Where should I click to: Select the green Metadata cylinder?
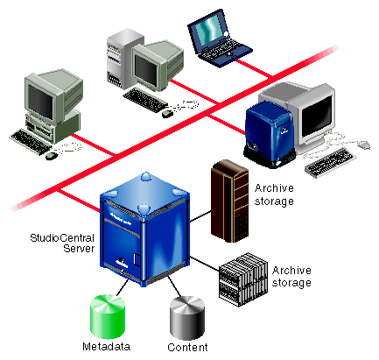coord(108,316)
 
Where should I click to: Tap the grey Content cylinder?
coord(187,318)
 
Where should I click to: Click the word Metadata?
coord(106,347)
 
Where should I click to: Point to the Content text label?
coord(187,347)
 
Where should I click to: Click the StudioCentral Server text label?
coord(62,243)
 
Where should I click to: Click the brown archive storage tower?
coord(229,201)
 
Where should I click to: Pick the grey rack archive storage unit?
coord(243,279)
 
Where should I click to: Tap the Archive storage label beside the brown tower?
coord(274,194)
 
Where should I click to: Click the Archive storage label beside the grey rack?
coord(291,277)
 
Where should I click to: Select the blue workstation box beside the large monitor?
coord(270,134)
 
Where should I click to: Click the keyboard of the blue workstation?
coord(330,162)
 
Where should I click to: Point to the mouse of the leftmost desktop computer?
coord(52,156)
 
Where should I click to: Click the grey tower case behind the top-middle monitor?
coord(123,59)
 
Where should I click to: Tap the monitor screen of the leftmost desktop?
coord(40,102)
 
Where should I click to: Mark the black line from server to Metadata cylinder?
coord(122,288)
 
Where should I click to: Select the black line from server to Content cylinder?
coord(174,286)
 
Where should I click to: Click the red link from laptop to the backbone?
coord(253,69)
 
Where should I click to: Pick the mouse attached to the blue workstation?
coord(363,145)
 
